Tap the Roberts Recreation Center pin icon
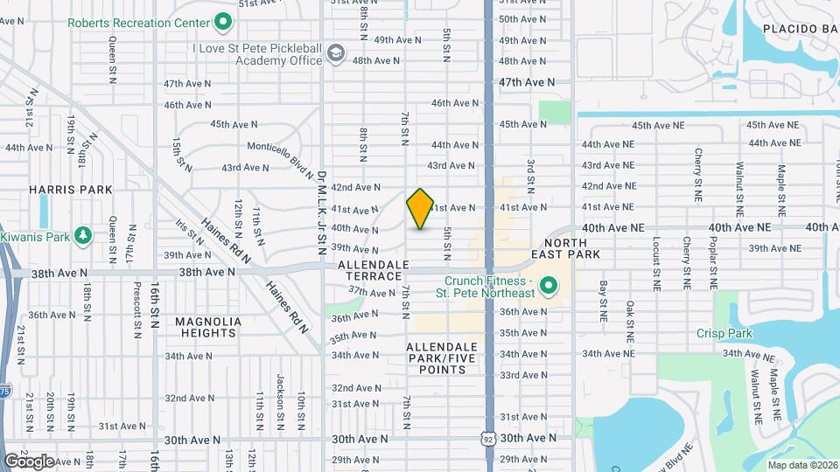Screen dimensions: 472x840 [x=223, y=21]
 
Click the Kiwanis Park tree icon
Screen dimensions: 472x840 [x=82, y=236]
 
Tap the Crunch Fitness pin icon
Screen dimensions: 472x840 [x=549, y=285]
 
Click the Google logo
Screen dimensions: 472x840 [x=29, y=461]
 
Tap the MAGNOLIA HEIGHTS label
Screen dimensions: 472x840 [x=207, y=327]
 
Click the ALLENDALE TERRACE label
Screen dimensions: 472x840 [x=369, y=269]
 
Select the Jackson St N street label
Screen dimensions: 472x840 [x=280, y=397]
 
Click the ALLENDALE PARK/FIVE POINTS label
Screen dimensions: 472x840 [x=442, y=358]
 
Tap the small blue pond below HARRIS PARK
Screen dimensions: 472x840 [x=44, y=210]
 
